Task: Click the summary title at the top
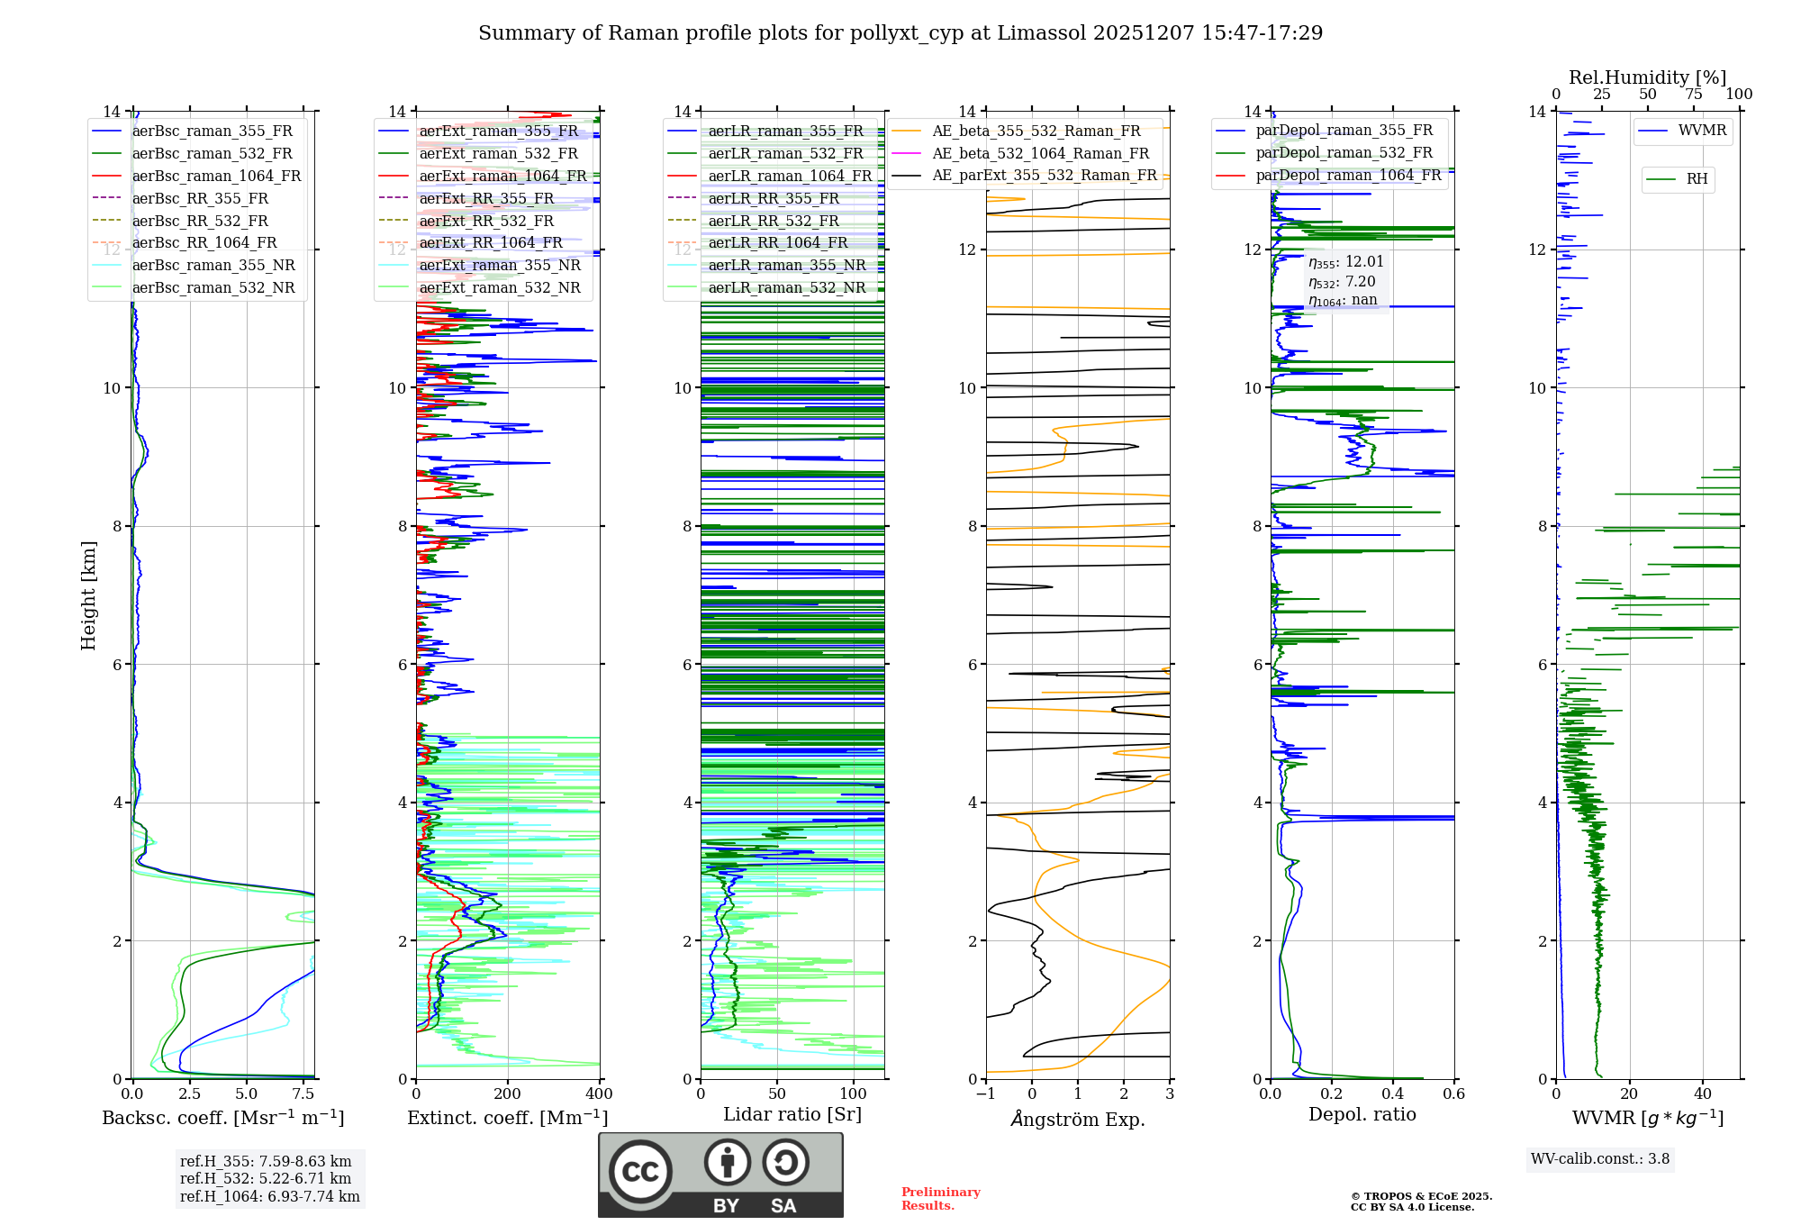click(x=900, y=33)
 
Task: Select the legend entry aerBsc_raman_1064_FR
click(x=216, y=176)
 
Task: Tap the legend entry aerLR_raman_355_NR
click(x=786, y=265)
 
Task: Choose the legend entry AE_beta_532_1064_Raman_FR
click(x=1040, y=153)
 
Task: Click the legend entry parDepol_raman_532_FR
click(x=1344, y=153)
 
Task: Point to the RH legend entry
click(x=1697, y=179)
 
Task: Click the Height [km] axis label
click(x=88, y=594)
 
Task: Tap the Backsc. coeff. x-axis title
click(x=223, y=1118)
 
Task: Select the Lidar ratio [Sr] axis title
click(x=792, y=1114)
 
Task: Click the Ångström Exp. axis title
click(x=1078, y=1120)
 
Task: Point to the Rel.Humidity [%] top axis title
click(x=1648, y=77)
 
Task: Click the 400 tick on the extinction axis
click(x=599, y=1094)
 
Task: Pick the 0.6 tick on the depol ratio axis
click(x=1453, y=1094)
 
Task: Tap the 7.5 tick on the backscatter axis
click(x=303, y=1094)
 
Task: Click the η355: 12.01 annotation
click(x=1345, y=262)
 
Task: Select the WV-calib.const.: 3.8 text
click(x=1600, y=1159)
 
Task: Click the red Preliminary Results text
click(x=940, y=1199)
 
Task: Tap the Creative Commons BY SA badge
click(x=720, y=1175)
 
